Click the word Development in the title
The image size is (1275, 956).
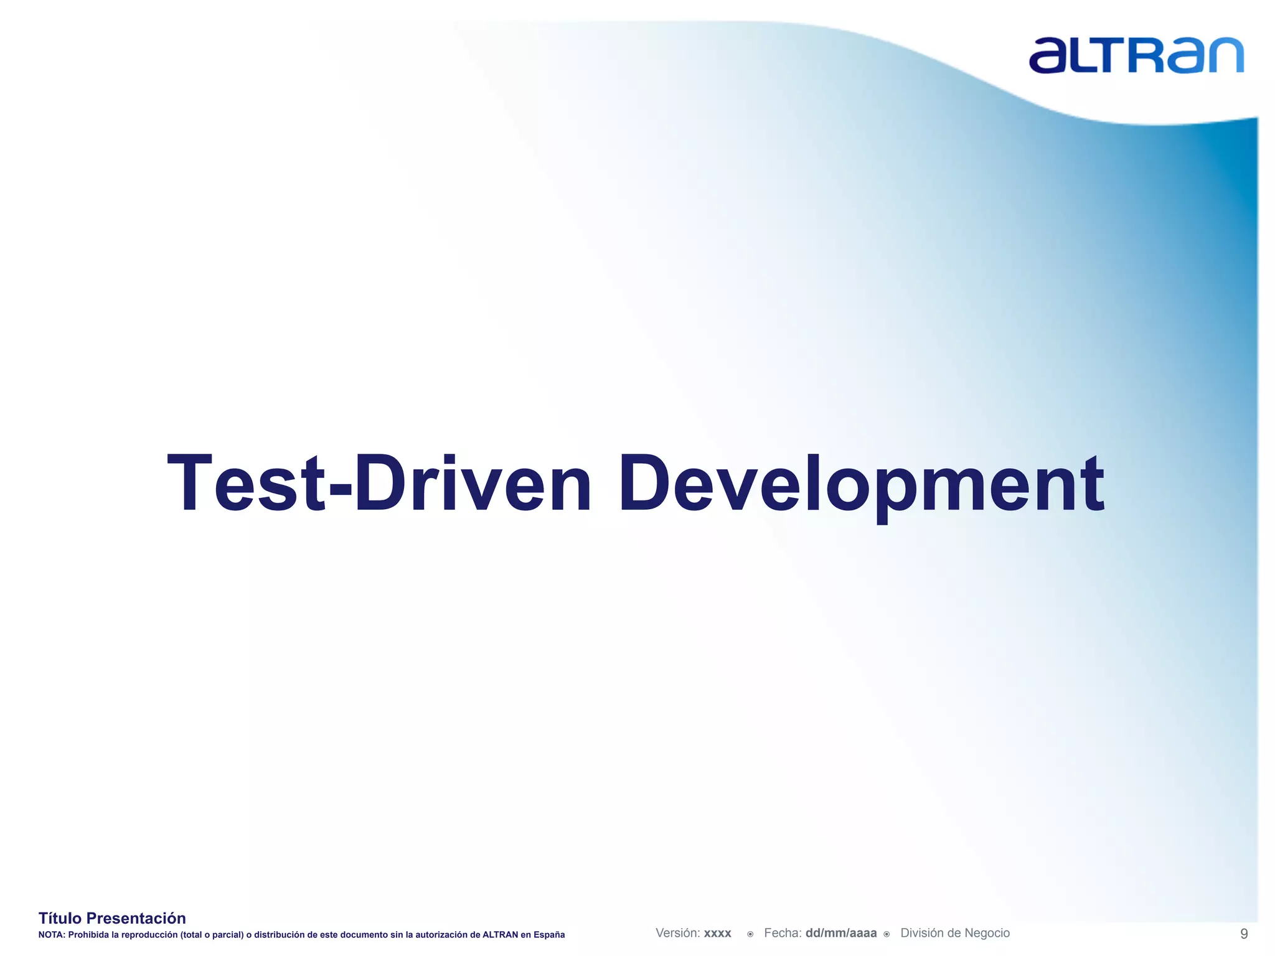click(861, 484)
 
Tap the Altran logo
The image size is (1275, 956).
click(1136, 55)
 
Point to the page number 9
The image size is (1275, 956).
click(1244, 934)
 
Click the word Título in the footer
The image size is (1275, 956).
click(60, 918)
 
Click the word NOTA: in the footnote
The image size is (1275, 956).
click(52, 935)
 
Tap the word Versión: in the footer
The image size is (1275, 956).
click(678, 933)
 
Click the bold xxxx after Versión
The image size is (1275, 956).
click(718, 934)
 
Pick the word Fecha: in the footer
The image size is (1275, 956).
click(783, 933)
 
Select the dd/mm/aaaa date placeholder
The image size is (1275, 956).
click(840, 933)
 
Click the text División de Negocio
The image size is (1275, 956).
click(955, 933)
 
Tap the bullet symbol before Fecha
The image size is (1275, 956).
click(750, 934)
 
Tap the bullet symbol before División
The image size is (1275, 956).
click(887, 934)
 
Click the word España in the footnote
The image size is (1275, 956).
click(548, 935)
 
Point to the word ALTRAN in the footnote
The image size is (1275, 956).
click(500, 935)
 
